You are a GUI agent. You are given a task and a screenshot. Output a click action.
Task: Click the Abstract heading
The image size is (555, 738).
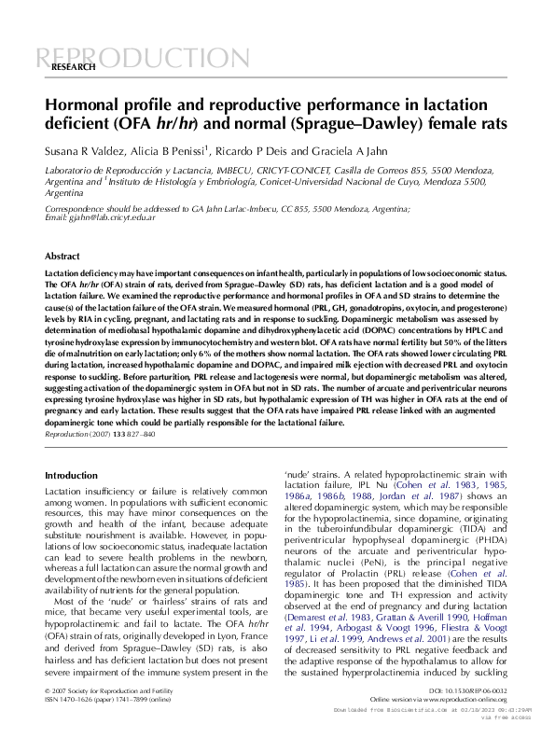pos(62,255)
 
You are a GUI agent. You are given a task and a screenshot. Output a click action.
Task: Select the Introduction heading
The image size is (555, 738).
pos(71,476)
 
